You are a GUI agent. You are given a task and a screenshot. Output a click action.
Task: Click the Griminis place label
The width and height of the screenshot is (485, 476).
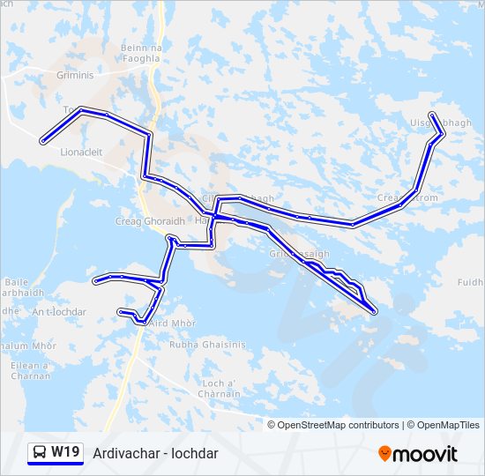[75, 75]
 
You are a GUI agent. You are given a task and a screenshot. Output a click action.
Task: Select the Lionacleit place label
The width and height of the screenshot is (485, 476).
[81, 152]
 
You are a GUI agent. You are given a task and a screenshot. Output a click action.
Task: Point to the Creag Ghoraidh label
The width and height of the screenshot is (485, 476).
[149, 221]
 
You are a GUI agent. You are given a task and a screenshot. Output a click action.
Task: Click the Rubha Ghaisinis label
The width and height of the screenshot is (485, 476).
[212, 346]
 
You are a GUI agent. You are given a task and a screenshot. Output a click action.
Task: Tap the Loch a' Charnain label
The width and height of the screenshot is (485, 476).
[220, 388]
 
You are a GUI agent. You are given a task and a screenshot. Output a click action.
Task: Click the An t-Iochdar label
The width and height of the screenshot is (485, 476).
[59, 312]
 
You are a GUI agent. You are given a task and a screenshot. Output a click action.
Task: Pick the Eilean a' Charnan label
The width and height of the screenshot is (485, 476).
[31, 370]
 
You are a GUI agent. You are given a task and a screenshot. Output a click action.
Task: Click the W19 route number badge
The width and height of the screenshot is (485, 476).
[65, 452]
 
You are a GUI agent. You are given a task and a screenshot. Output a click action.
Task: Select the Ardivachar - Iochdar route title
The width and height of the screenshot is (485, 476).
[155, 453]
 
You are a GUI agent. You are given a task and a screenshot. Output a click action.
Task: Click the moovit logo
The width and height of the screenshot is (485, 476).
[418, 454]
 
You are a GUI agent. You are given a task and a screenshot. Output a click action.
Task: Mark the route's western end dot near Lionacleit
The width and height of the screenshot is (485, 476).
[42, 140]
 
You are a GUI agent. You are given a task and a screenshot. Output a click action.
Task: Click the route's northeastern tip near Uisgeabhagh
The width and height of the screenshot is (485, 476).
[431, 115]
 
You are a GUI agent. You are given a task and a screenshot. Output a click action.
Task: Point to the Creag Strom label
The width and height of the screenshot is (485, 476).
[407, 197]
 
